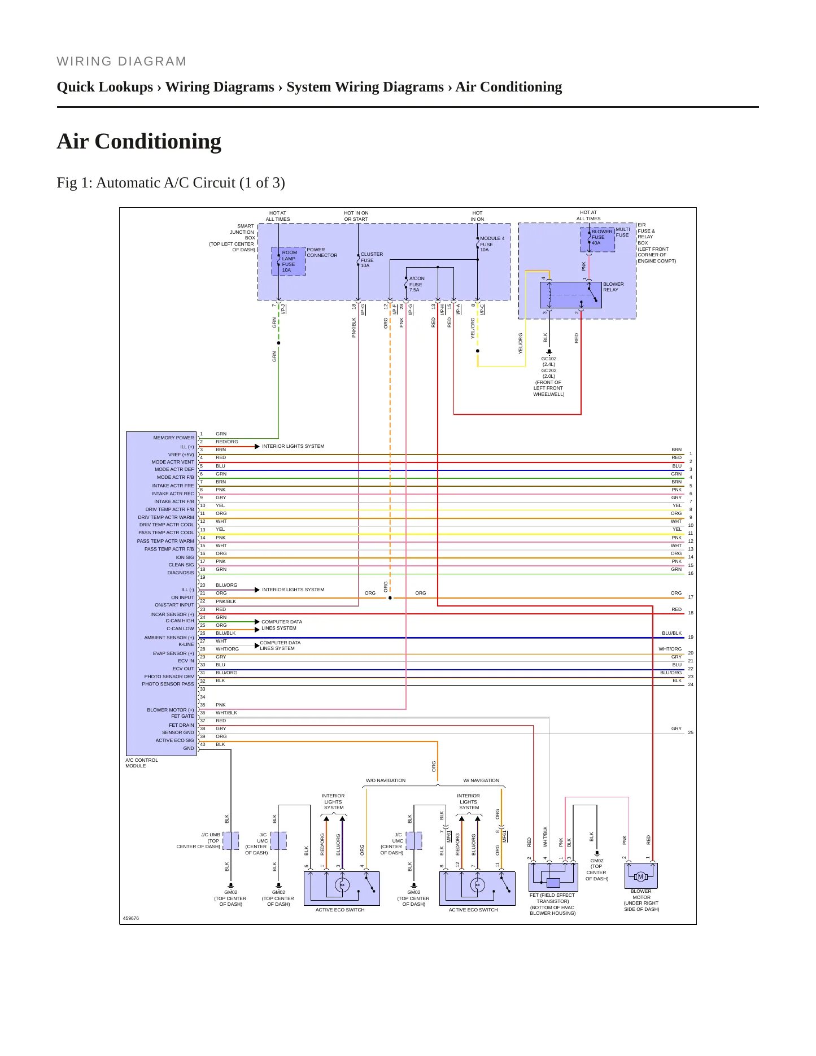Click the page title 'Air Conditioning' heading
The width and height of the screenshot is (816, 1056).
139,141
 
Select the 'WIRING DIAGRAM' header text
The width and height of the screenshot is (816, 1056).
121,62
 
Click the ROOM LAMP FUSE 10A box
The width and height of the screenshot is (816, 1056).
289,261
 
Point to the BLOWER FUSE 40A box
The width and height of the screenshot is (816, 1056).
597,239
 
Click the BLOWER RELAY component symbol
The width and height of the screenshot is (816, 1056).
570,294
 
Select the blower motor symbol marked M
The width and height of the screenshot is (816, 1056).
641,876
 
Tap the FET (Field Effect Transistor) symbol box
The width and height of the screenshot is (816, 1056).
553,878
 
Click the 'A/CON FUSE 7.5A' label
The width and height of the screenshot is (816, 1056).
417,284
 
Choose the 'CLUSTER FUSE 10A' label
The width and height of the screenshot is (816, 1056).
372,260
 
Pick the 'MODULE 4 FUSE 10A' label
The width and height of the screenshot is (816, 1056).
492,244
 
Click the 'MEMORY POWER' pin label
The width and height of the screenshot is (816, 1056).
173,438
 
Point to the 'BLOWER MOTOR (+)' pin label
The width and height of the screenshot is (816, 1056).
171,710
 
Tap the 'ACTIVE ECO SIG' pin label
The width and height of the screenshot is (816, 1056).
174,740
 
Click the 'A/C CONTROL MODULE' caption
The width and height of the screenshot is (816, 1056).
142,763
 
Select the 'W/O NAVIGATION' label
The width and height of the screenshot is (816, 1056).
386,780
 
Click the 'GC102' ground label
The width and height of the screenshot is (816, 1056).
549,359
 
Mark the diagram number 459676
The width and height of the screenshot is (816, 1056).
131,918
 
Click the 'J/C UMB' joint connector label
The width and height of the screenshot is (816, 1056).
211,835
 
